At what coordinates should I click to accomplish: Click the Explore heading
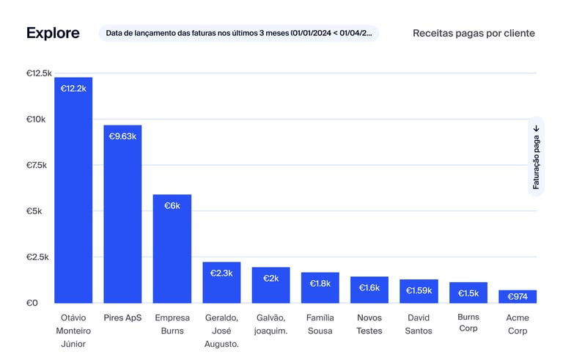[52, 33]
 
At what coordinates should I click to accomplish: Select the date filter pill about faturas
[239, 33]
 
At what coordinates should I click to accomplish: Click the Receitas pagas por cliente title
[474, 33]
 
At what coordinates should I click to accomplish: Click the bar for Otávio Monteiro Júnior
[73, 191]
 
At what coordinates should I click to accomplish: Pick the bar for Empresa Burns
[172, 249]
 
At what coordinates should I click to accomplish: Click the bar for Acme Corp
[518, 297]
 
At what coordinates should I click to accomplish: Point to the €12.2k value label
[73, 89]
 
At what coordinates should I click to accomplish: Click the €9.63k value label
[122, 136]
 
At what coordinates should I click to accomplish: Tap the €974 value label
[518, 297]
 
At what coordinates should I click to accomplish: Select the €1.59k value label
[419, 290]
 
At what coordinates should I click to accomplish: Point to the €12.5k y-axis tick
[39, 73]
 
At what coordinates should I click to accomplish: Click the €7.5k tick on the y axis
[37, 166]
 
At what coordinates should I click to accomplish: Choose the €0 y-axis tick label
[32, 303]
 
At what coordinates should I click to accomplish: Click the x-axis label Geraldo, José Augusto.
[221, 331]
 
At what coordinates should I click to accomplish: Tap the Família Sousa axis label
[320, 324]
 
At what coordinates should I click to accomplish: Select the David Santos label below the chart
[419, 324]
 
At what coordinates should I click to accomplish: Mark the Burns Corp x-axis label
[468, 323]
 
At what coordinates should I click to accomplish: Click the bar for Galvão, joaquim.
[271, 285]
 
